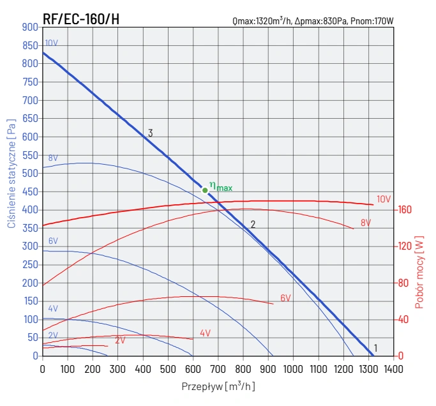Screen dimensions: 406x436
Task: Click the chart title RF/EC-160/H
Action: (81, 19)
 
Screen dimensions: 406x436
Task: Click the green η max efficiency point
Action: (205, 190)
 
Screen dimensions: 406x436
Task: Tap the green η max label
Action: (221, 186)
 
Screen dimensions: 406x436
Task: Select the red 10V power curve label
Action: (383, 199)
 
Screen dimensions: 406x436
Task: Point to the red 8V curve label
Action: (365, 223)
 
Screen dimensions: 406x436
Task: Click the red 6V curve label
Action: (285, 298)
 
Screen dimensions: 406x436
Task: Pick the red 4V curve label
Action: (205, 333)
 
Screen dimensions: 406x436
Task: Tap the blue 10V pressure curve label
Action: (52, 43)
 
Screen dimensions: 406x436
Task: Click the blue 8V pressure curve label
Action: (53, 158)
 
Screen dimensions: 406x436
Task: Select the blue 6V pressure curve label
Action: (53, 241)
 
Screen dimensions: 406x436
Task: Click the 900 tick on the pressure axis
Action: (30, 27)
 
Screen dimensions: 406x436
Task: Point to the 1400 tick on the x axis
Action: (394, 368)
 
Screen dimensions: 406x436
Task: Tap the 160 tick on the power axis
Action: (405, 210)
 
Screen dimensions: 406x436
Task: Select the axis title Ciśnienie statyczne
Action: (11, 173)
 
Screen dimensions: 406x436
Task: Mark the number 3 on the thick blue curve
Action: (150, 133)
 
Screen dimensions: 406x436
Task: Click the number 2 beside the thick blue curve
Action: (253, 225)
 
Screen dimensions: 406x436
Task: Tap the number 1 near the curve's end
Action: (376, 348)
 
